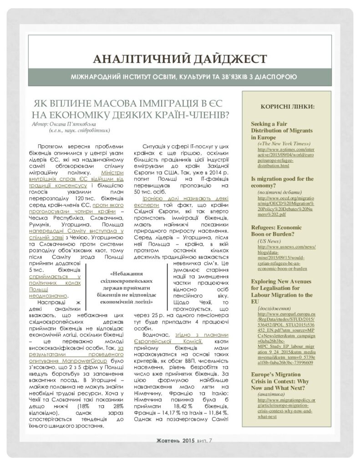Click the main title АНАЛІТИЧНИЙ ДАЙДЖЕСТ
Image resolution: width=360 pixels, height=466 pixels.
click(x=179, y=59)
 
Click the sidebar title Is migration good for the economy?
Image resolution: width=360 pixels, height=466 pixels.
click(x=282, y=182)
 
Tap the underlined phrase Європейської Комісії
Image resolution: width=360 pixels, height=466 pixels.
click(x=164, y=341)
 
